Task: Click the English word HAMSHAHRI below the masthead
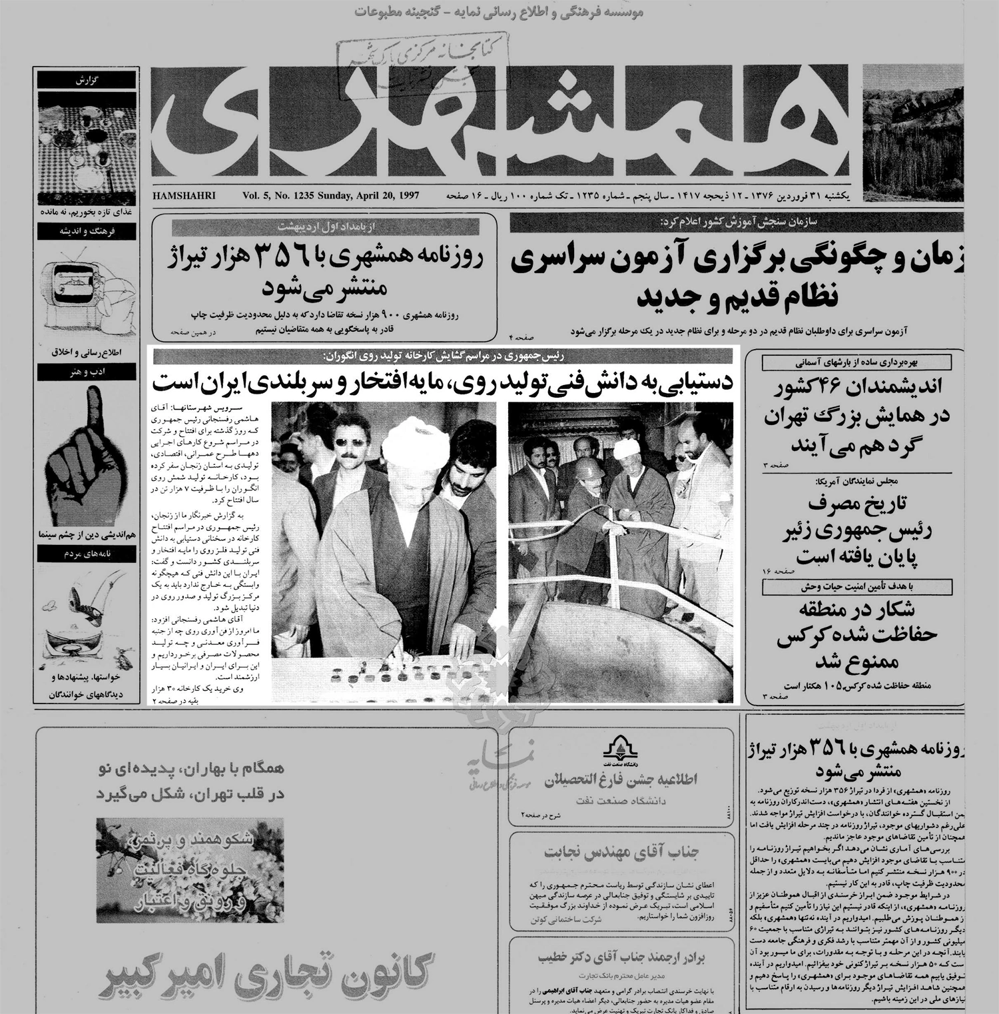[x=184, y=196]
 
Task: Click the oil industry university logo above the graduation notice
[x=621, y=750]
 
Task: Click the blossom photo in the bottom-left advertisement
[x=190, y=869]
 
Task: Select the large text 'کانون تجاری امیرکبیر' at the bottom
[x=266, y=973]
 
